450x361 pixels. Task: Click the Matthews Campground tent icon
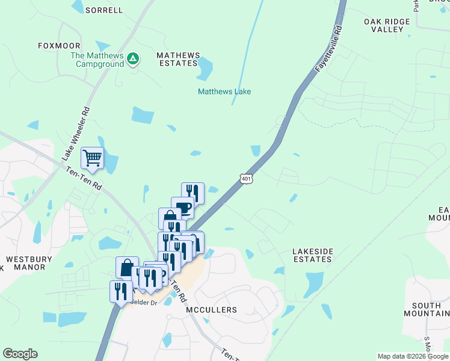pyautogui.click(x=133, y=58)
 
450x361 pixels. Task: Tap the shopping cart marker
pyautogui.click(x=92, y=158)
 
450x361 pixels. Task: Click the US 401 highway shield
pyautogui.click(x=245, y=179)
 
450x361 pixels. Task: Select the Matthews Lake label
pyautogui.click(x=224, y=91)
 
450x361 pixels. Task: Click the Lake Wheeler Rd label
pyautogui.click(x=75, y=133)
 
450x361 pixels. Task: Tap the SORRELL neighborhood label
pyautogui.click(x=104, y=10)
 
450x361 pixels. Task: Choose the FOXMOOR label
pyautogui.click(x=59, y=45)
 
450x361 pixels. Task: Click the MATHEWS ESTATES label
pyautogui.click(x=177, y=59)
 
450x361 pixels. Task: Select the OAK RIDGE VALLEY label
pyautogui.click(x=387, y=25)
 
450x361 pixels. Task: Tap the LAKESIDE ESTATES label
pyautogui.click(x=312, y=255)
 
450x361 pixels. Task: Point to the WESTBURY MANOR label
pyautogui.click(x=29, y=263)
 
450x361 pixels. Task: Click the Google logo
pyautogui.click(x=20, y=354)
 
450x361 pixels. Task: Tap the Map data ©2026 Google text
pyautogui.click(x=412, y=356)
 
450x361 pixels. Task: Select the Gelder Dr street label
pyautogui.click(x=144, y=302)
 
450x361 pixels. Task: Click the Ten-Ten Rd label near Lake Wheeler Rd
pyautogui.click(x=83, y=179)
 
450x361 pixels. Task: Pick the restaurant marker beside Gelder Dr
pyautogui.click(x=120, y=291)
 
